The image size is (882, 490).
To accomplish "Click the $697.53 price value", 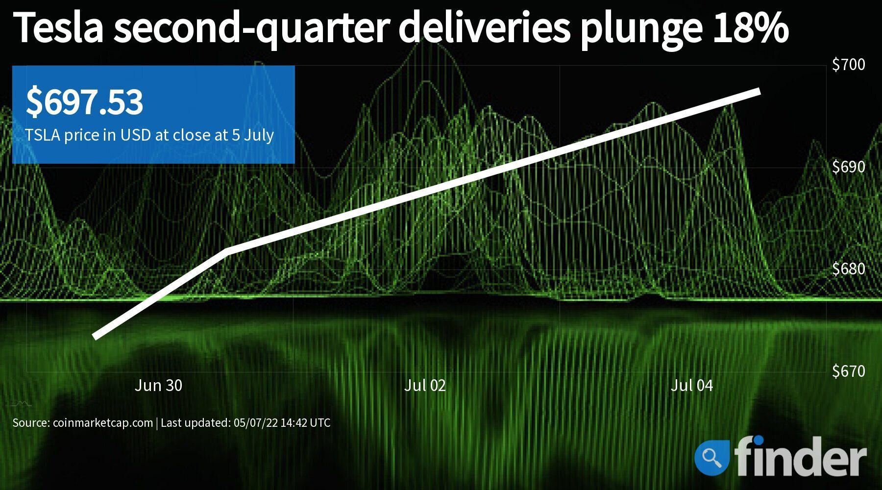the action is click(84, 102).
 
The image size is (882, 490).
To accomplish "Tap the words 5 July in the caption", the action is click(252, 135).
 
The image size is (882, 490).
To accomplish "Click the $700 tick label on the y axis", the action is click(848, 64).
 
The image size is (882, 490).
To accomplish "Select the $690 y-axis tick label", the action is click(848, 167).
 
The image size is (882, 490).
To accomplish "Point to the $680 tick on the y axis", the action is click(848, 269).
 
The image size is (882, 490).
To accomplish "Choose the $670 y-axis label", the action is click(848, 371).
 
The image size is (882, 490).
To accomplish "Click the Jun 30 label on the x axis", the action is click(158, 386).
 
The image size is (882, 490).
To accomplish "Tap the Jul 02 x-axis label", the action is click(425, 386).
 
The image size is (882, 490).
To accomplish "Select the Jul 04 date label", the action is click(691, 386).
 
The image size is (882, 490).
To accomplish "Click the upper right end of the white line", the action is click(759, 92).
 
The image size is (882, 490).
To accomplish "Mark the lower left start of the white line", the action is click(95, 337).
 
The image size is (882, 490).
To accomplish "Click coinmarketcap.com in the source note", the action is click(102, 423).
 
